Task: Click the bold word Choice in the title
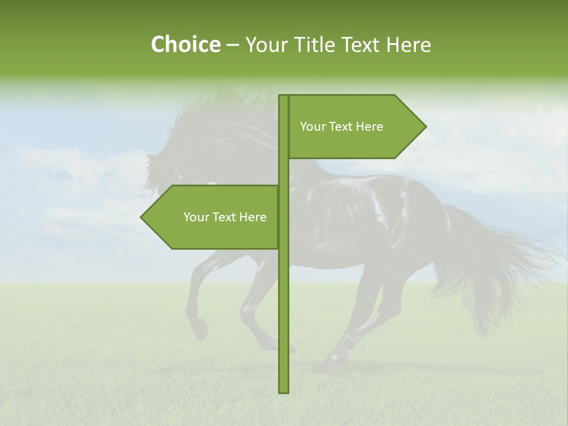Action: (x=185, y=44)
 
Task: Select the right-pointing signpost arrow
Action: (x=355, y=127)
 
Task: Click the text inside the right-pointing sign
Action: (x=341, y=127)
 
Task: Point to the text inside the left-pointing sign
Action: (x=225, y=217)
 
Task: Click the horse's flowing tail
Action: (x=497, y=266)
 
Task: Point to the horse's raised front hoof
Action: (x=200, y=329)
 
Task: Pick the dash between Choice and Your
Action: (x=233, y=45)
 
